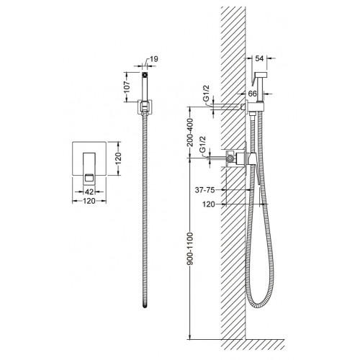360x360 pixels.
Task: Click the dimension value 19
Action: tap(154, 59)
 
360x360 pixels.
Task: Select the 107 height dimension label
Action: tap(127, 87)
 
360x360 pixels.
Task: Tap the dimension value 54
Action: tap(259, 58)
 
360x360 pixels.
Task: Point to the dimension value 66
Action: tap(252, 94)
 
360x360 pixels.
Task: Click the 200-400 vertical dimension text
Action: tap(190, 132)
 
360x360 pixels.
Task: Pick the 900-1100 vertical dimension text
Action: tap(190, 248)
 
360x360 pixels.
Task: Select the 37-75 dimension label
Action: tap(204, 190)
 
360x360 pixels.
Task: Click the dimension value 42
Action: tap(89, 192)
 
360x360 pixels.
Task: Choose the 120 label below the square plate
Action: tap(89, 201)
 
